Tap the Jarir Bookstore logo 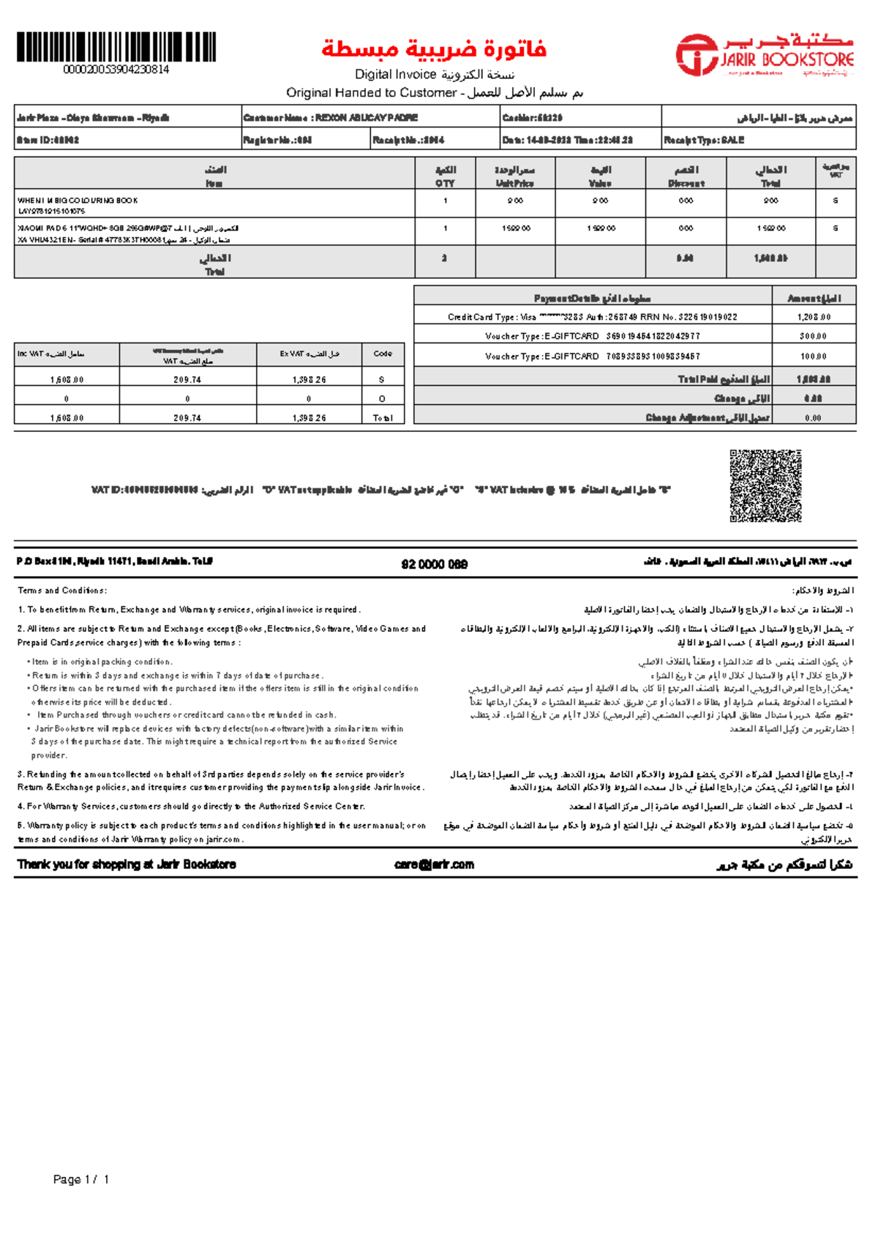click(x=765, y=54)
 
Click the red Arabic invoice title click(x=434, y=50)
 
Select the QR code click(x=765, y=486)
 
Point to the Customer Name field click(x=331, y=118)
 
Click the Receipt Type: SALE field click(x=704, y=140)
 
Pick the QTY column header click(x=445, y=176)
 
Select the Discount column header click(x=686, y=176)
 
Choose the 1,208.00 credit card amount click(x=814, y=318)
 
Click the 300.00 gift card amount click(x=814, y=337)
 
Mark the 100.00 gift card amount click(x=814, y=357)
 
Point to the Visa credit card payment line click(x=593, y=318)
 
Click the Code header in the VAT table click(x=383, y=354)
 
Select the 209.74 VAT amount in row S click(x=187, y=380)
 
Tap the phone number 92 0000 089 click(x=435, y=564)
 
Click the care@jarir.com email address click(x=434, y=865)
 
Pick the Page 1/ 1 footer click(x=81, y=1179)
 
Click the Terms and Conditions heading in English click(x=62, y=591)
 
